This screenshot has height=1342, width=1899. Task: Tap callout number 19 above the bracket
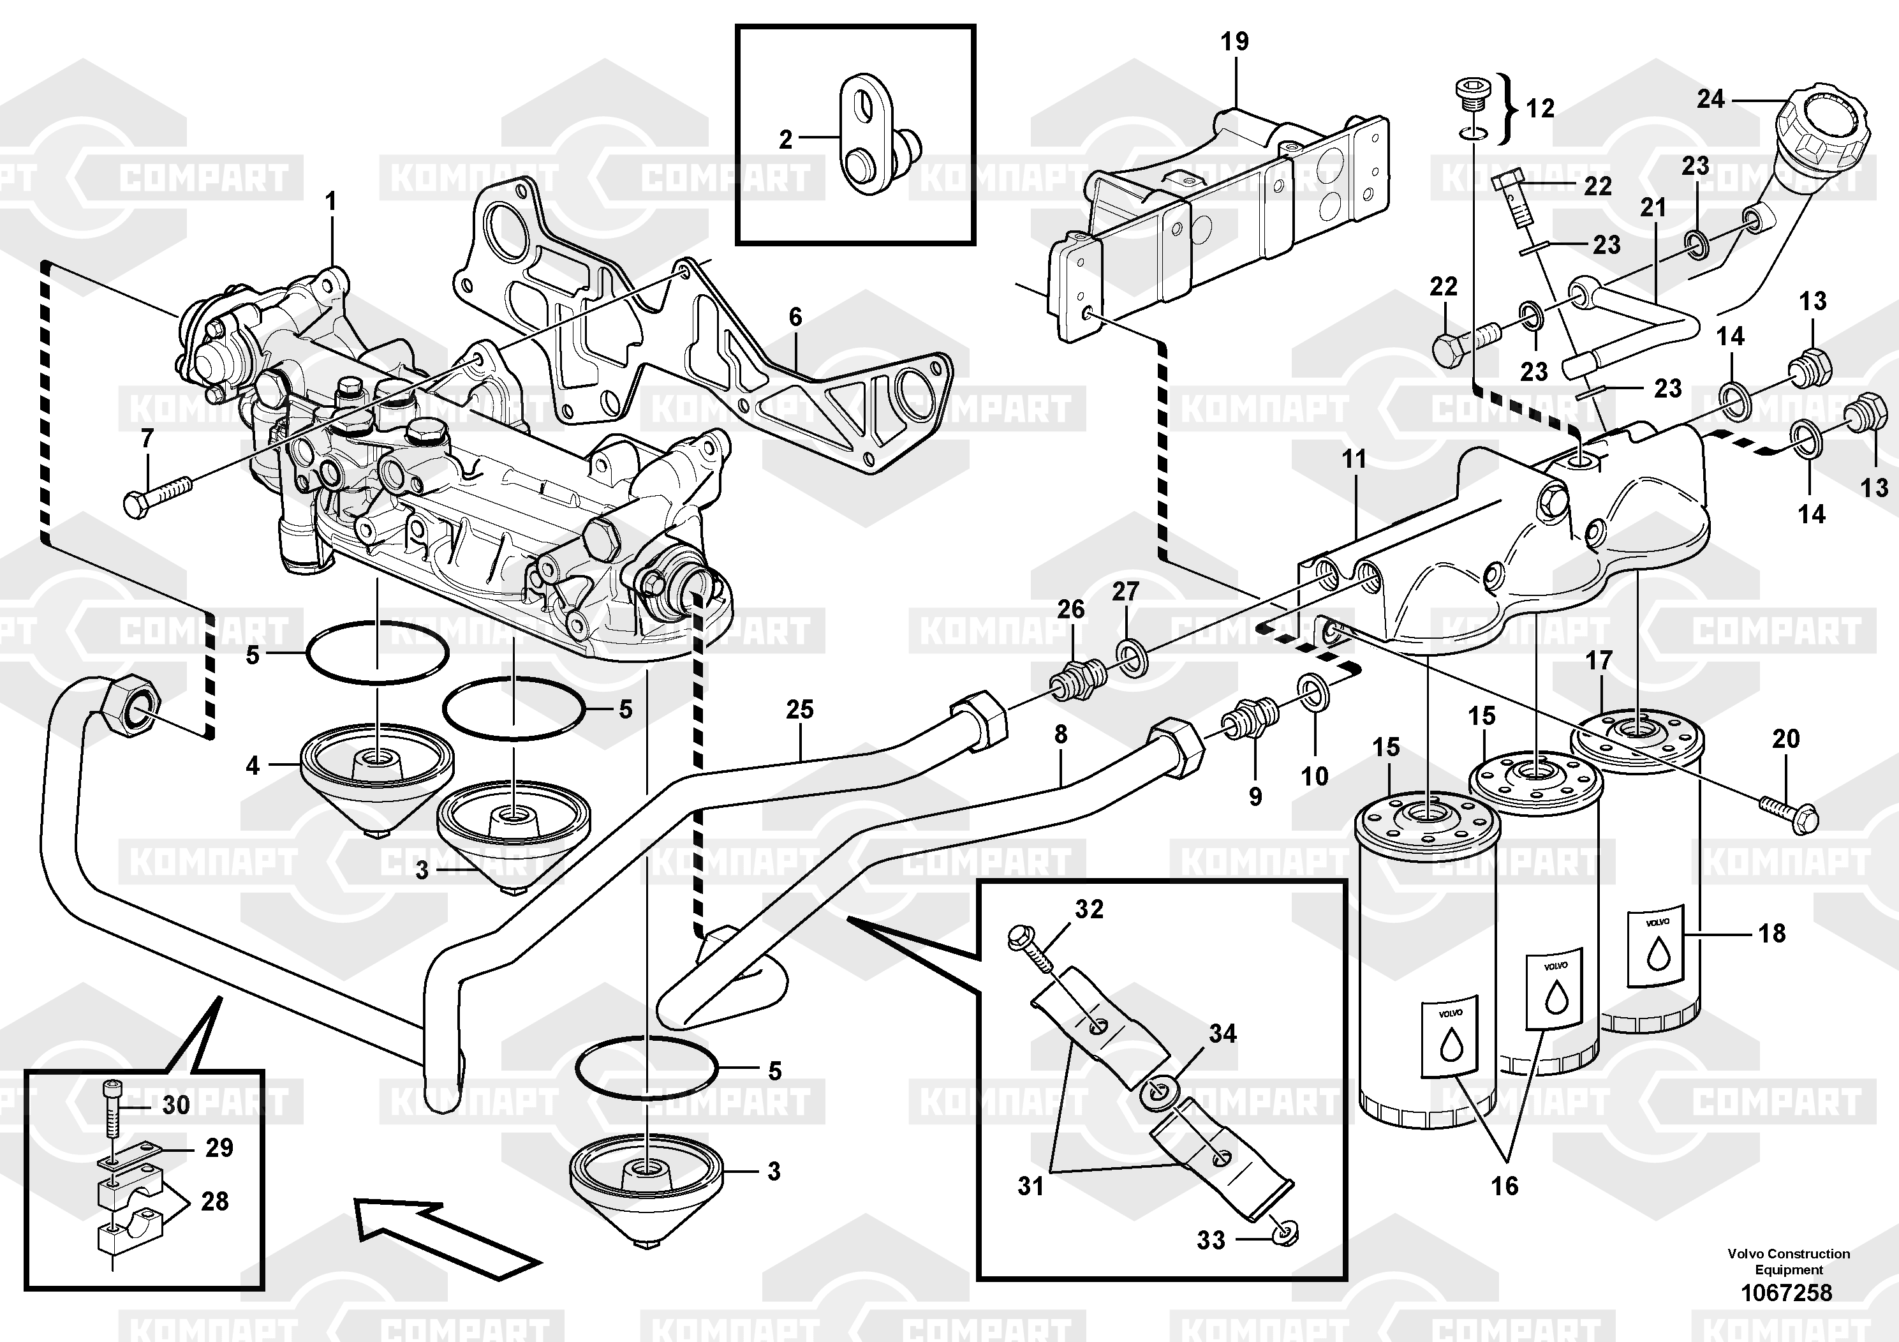pyautogui.click(x=1235, y=41)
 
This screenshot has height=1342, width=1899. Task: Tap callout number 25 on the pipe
pyautogui.click(x=800, y=709)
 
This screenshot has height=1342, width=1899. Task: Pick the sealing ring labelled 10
pyautogui.click(x=1313, y=692)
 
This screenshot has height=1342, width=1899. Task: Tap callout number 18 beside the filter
pyautogui.click(x=1771, y=934)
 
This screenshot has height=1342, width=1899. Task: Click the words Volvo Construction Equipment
pyautogui.click(x=1788, y=1262)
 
